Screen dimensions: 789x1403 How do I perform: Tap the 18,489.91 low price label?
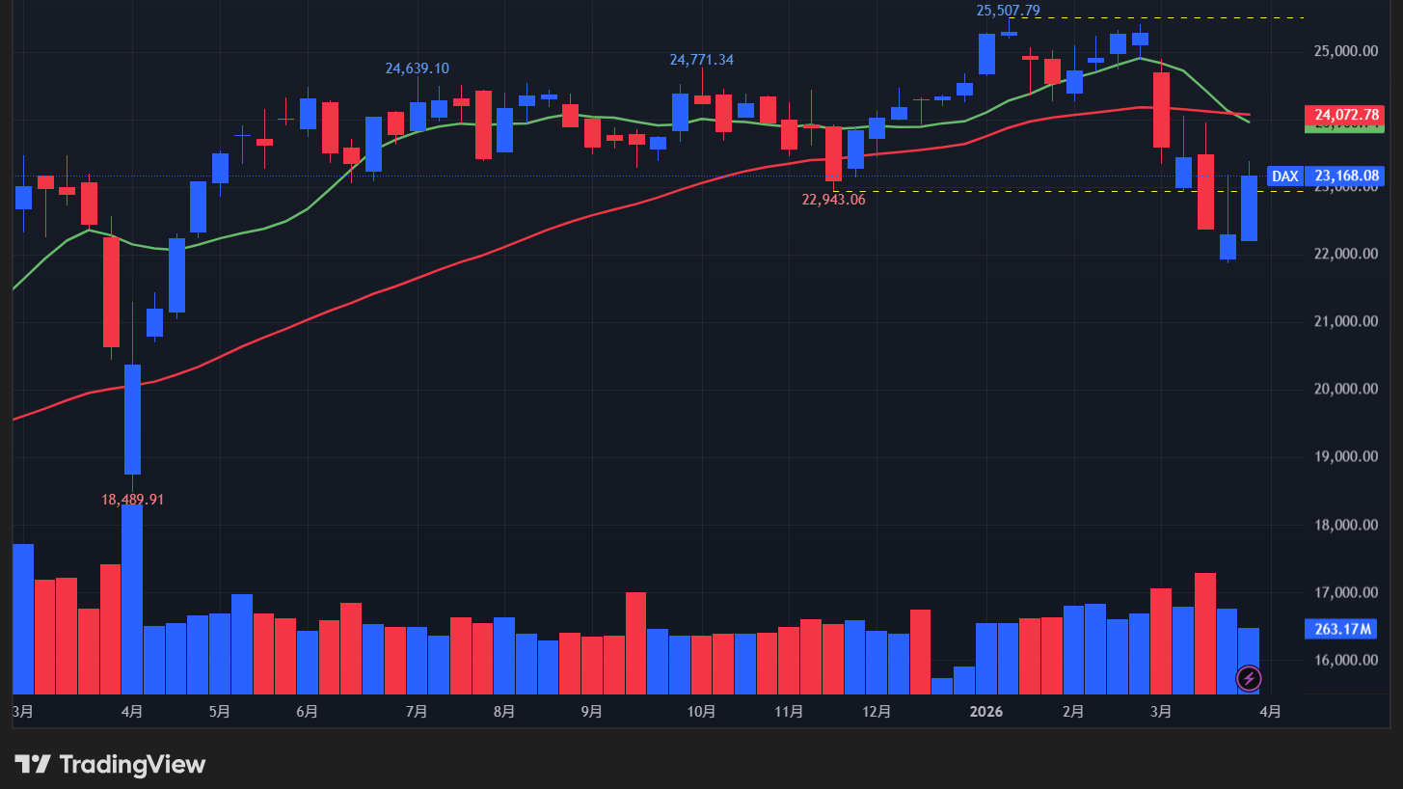[x=132, y=500]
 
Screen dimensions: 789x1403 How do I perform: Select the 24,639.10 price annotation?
[x=417, y=68]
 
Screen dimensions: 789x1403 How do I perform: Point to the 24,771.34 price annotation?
[x=701, y=60]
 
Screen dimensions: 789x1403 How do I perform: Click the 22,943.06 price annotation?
[x=833, y=200]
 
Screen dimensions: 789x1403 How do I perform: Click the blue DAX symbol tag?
[x=1283, y=177]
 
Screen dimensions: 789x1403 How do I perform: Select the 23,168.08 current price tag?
[x=1347, y=177]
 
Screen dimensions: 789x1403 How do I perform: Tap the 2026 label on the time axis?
[x=986, y=712]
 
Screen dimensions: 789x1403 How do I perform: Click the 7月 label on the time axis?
[x=417, y=712]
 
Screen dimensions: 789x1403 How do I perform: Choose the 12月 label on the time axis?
[x=877, y=712]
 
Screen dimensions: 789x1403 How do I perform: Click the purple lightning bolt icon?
[x=1248, y=678]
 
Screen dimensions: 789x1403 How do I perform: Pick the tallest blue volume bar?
[x=132, y=599]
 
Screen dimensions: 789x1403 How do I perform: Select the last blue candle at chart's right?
[x=1249, y=208]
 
